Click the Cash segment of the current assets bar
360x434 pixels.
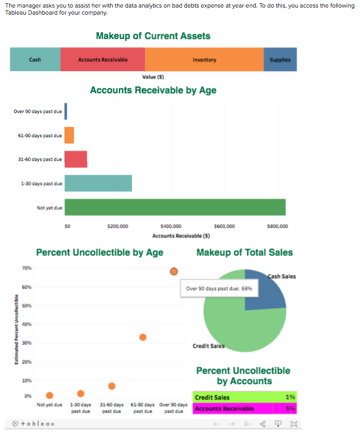tap(35, 60)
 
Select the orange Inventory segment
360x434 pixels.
tap(204, 60)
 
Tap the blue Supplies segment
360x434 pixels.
tap(280, 60)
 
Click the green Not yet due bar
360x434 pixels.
tap(175, 207)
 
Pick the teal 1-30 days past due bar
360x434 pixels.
tap(98, 183)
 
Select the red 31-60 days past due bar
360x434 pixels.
tap(75, 159)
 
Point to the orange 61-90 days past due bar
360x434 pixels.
tap(69, 135)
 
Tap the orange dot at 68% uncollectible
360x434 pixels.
tap(174, 271)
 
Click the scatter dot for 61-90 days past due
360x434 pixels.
tap(143, 337)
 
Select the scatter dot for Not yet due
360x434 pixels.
tap(49, 395)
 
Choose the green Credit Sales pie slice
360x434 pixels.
tap(239, 325)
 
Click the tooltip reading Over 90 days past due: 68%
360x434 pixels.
tap(218, 289)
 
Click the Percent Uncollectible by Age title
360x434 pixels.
tap(99, 252)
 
